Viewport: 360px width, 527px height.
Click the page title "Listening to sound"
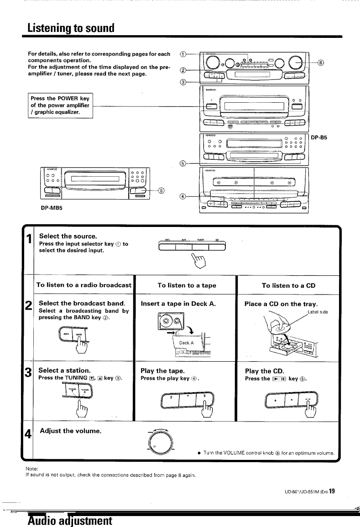click(x=70, y=28)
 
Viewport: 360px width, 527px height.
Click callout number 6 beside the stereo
click(x=321, y=63)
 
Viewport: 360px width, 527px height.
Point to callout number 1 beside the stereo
click(x=183, y=55)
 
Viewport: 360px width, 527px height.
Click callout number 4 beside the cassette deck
click(x=183, y=197)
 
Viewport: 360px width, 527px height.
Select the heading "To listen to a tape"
click(x=187, y=285)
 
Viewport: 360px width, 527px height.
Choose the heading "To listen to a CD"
click(x=288, y=285)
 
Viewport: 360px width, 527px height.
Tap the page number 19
click(x=332, y=491)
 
